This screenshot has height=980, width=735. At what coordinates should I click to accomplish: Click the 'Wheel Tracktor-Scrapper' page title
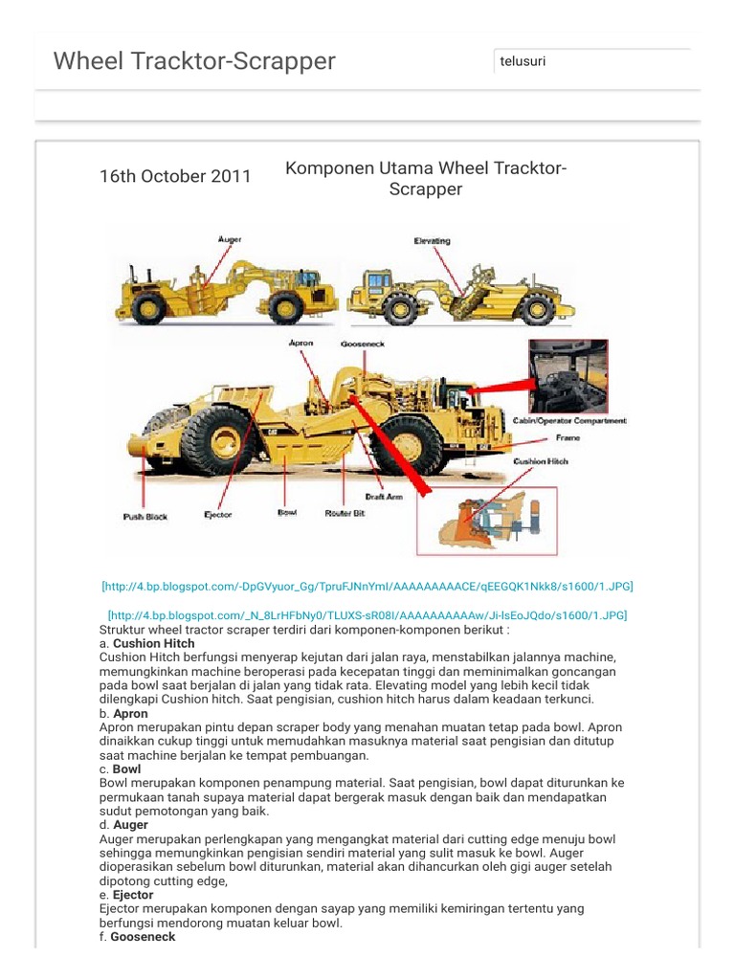point(194,61)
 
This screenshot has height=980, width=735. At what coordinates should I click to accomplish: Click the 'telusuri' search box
point(591,61)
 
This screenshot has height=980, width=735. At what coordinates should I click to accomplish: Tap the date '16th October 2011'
point(175,176)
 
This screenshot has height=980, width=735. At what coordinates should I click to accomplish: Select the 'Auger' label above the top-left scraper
point(230,239)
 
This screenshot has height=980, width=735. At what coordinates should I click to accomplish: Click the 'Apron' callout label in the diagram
point(301,342)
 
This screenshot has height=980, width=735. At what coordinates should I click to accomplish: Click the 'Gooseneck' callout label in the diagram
point(362,343)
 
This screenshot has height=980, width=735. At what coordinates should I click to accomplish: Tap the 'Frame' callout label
point(568,437)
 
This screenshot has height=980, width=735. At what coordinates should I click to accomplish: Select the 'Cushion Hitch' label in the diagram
point(541,461)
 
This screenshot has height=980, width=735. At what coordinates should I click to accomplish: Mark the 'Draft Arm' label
point(383,497)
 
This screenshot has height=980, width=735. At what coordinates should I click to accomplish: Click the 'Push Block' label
point(145,516)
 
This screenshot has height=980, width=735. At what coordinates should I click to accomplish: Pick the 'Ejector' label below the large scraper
point(218,514)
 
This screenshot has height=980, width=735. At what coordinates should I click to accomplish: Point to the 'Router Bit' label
point(345,513)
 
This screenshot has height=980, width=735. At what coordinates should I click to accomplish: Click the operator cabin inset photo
point(568,376)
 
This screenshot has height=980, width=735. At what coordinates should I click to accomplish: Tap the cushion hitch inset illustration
point(485,522)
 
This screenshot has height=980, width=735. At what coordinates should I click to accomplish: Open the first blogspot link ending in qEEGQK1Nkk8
point(367,586)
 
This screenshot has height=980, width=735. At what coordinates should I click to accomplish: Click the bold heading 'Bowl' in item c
point(126,768)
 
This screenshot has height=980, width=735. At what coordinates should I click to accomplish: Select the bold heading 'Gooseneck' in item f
point(143,937)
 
